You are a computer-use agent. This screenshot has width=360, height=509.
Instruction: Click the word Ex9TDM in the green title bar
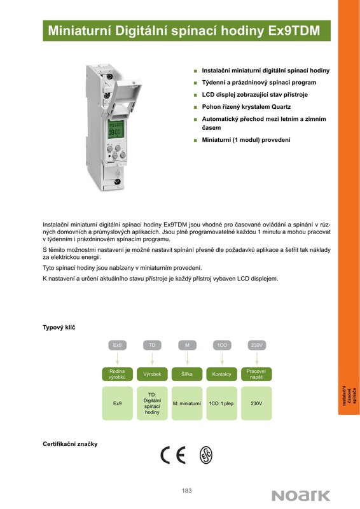click(294, 31)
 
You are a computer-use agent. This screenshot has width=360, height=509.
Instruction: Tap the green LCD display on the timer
click(115, 129)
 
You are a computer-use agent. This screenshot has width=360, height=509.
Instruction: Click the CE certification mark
click(173, 455)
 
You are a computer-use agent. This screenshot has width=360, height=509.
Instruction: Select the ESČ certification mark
click(206, 455)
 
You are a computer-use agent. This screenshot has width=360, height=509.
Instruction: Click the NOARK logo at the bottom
click(301, 496)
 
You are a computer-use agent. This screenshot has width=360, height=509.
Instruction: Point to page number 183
click(186, 491)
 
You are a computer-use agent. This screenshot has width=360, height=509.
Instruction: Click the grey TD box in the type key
click(152, 345)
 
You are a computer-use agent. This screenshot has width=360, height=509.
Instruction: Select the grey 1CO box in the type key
click(222, 345)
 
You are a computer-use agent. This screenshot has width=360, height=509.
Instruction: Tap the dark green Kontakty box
click(222, 374)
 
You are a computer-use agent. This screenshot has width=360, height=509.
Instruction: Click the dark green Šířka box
click(187, 374)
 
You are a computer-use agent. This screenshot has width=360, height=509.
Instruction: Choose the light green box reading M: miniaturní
click(187, 403)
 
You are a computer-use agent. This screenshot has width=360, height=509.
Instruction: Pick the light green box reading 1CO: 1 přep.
click(222, 403)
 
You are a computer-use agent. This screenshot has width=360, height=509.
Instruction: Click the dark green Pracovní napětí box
click(256, 374)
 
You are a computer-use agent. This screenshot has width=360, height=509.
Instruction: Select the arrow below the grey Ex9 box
click(118, 358)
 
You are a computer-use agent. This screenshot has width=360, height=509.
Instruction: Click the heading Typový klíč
click(59, 328)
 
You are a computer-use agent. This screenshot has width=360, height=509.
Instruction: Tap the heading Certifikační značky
click(70, 443)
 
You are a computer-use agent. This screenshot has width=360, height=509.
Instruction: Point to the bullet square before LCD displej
click(195, 95)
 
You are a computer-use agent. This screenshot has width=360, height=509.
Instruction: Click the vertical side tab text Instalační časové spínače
click(349, 396)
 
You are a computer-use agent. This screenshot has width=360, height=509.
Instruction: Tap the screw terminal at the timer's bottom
click(116, 182)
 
